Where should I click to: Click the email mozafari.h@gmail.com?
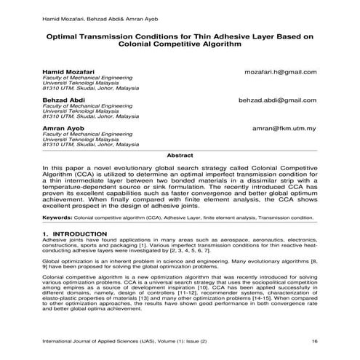pyautogui.click(x=281, y=73)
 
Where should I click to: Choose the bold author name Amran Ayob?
pyautogui.click(x=61, y=128)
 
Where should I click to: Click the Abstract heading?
pyautogui.click(x=180, y=156)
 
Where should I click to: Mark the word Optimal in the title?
pyautogui.click(x=65, y=34)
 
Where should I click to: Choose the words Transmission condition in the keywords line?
pyautogui.click(x=286, y=217)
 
